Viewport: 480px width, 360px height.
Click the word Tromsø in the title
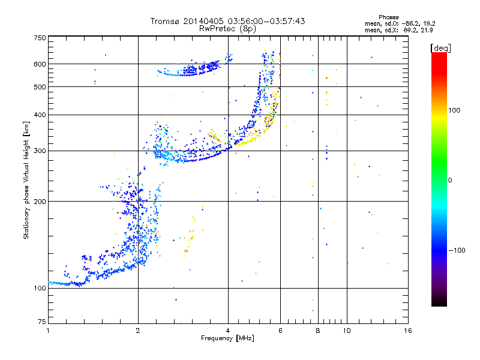point(165,21)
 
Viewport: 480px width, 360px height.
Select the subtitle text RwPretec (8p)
point(227,29)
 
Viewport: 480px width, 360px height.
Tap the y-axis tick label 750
point(40,38)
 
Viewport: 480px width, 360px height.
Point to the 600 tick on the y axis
point(40,64)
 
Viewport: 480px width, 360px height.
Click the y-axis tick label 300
point(40,151)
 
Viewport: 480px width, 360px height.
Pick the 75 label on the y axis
point(42,322)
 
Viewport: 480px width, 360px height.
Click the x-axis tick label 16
point(408,331)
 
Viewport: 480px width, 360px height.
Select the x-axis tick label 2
point(138,331)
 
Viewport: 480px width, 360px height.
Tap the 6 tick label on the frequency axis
point(280,331)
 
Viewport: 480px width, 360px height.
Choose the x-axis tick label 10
point(347,331)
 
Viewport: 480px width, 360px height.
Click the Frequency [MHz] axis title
point(227,338)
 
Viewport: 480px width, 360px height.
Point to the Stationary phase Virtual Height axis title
point(26,181)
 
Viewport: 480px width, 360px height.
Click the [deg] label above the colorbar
point(440,48)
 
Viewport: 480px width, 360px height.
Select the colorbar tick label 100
point(454,110)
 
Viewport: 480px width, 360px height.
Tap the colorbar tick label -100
point(457,250)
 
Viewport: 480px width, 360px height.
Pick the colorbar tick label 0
point(450,181)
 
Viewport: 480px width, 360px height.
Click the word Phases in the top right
point(388,17)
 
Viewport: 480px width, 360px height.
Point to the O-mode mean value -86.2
point(411,23)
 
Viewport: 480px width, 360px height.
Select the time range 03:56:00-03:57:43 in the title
point(266,21)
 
